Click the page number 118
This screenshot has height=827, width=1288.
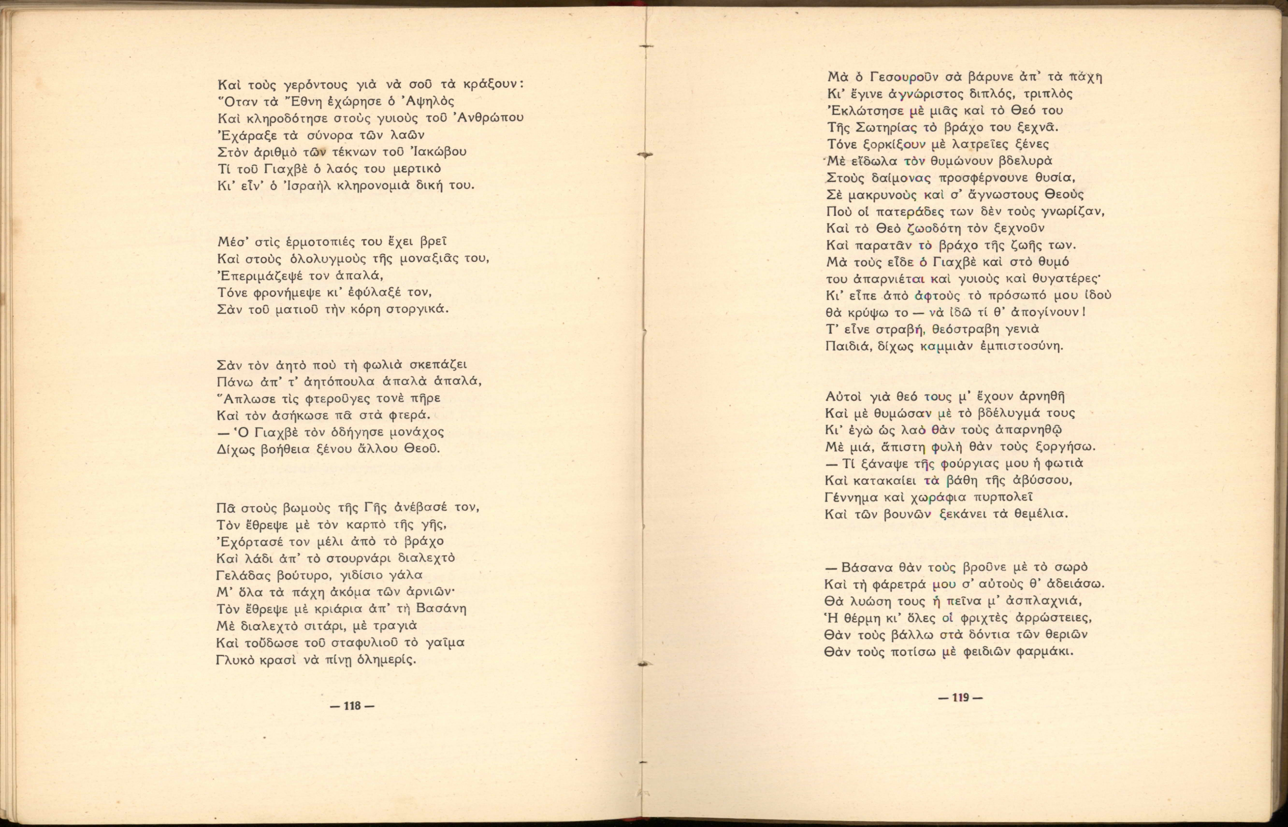tap(352, 706)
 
